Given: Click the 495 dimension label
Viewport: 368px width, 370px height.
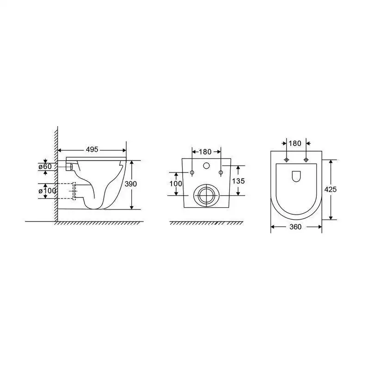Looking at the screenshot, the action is pos(92,149).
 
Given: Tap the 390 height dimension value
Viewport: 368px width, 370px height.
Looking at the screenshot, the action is pos(131,184).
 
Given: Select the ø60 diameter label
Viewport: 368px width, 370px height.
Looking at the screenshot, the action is pos(45,166).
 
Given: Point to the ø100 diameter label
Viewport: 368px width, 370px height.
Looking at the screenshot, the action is pos(47,191).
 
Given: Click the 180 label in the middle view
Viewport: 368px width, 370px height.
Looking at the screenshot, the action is pos(205,152).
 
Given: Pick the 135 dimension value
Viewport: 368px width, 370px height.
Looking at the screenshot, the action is pos(239,181).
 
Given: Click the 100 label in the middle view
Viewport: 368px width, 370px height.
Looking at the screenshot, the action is pos(176,184).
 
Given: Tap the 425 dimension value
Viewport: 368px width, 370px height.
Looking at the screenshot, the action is pos(331,190).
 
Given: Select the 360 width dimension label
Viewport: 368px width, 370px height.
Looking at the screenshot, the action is pos(295,227).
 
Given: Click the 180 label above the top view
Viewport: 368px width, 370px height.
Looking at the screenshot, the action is pos(295,143).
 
